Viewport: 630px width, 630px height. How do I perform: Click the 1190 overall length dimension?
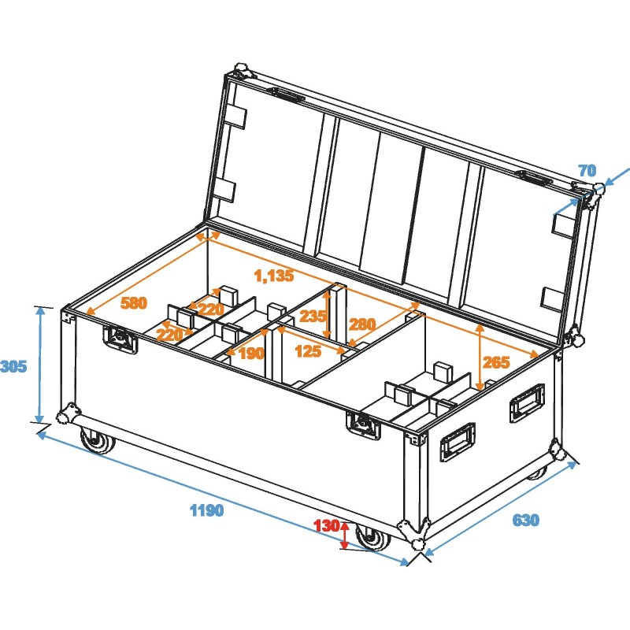(207, 510)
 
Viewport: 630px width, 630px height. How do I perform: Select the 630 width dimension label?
(526, 521)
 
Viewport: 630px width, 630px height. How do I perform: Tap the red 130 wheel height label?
(325, 525)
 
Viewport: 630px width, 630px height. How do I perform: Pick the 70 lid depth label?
(587, 170)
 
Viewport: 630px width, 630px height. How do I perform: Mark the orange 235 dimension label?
(313, 317)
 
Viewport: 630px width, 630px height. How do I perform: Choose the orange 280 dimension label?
(362, 324)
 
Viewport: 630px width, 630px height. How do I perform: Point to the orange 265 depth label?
(496, 362)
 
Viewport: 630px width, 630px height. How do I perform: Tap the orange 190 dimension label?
(250, 354)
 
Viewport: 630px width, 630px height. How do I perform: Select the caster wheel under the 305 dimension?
(97, 442)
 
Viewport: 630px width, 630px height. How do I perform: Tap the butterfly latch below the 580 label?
(120, 339)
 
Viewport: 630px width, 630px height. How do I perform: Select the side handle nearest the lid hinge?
(526, 400)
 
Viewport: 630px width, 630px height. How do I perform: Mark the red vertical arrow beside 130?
(344, 535)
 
